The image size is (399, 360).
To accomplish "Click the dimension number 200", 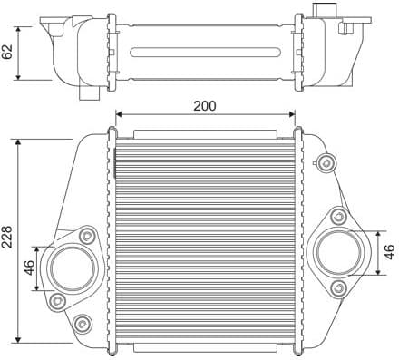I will (x=205, y=105).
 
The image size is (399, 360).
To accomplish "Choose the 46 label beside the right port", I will (x=389, y=253).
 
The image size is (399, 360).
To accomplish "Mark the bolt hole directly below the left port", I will (x=56, y=299).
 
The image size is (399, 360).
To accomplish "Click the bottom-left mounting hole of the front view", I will (x=84, y=323).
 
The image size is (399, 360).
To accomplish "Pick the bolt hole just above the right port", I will (x=338, y=216).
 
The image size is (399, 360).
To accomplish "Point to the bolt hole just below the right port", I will (x=338, y=287).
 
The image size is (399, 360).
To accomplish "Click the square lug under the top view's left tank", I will (x=89, y=93).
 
